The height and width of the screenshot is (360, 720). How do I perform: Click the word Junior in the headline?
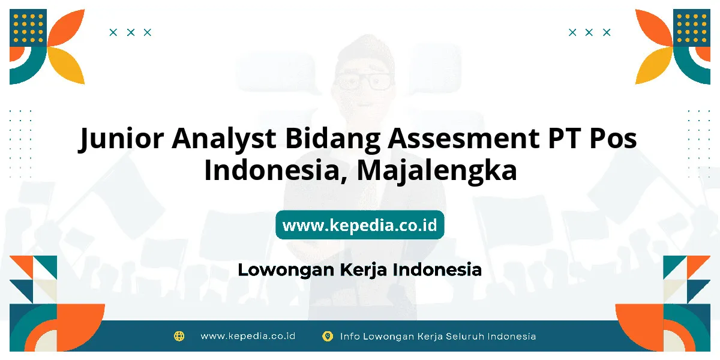(x=121, y=139)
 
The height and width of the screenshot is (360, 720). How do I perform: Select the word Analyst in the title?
(x=224, y=139)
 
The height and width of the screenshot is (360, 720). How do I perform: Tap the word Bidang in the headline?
(x=333, y=139)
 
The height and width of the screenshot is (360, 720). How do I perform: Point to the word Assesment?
(x=463, y=138)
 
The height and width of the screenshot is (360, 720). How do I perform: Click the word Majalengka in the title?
(x=437, y=171)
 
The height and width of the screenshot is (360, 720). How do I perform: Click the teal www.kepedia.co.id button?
(x=359, y=224)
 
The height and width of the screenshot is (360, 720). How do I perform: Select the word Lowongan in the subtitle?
(x=286, y=270)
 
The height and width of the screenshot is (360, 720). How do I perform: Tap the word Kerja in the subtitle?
(x=363, y=270)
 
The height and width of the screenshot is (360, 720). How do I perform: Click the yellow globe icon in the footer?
(x=179, y=336)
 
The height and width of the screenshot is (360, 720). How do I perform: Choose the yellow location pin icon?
(x=327, y=336)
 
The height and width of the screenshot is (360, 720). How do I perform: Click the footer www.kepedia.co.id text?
(x=248, y=336)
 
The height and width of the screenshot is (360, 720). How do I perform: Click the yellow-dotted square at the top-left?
(x=28, y=28)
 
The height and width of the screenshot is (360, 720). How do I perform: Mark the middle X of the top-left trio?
(x=131, y=32)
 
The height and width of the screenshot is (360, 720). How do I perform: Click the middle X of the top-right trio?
(x=589, y=32)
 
